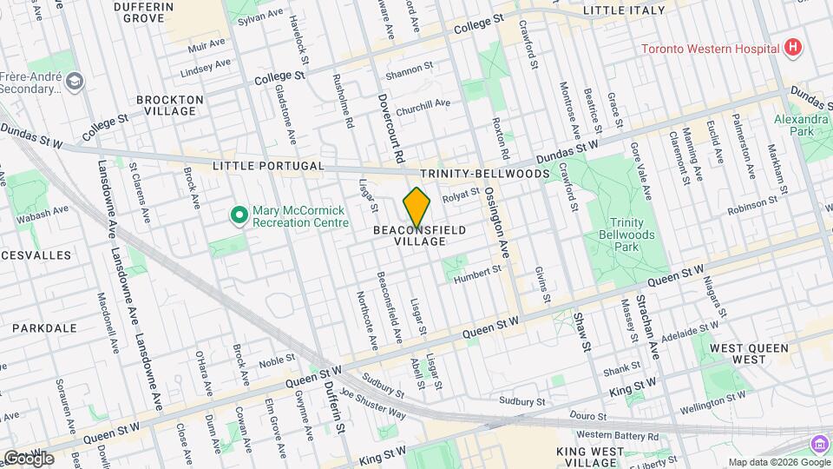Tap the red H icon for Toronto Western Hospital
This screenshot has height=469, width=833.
pos(790,48)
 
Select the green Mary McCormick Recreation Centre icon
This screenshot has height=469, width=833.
pos(236,214)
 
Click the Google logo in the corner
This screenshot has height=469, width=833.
pos(28,458)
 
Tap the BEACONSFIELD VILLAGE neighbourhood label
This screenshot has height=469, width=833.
pos(419,235)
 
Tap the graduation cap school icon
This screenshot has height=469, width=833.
pos(75,81)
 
